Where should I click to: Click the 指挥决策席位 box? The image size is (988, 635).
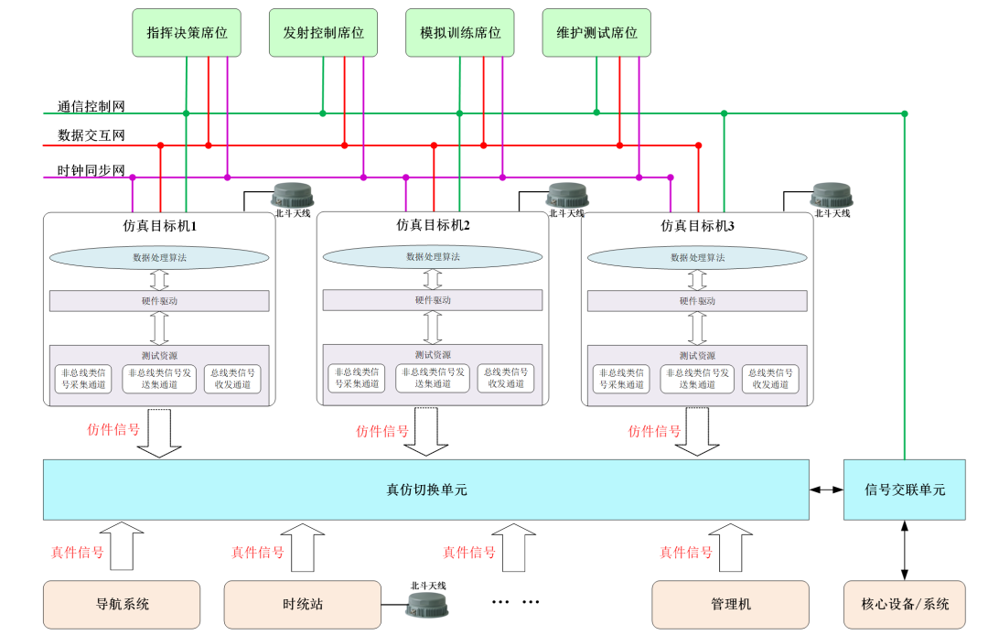(187, 33)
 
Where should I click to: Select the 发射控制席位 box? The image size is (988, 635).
(323, 33)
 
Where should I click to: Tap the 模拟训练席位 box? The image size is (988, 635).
(459, 33)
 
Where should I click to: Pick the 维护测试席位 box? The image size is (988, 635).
(596, 33)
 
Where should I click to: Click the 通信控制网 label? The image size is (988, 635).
(91, 106)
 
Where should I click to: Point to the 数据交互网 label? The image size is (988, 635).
(91, 135)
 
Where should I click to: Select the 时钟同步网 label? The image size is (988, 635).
(91, 170)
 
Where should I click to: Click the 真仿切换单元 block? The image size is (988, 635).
(426, 490)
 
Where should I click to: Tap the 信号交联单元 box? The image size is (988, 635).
(904, 490)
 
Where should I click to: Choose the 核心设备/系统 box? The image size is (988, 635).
(904, 604)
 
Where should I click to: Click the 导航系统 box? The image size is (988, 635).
(122, 604)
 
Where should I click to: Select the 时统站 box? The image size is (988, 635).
(302, 604)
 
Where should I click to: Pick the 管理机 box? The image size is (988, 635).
(730, 604)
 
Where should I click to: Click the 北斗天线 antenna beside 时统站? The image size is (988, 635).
(427, 603)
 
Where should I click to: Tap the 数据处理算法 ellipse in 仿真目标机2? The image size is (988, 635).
(433, 257)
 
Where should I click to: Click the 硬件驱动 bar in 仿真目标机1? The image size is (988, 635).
(159, 300)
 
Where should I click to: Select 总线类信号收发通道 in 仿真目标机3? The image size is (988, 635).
(769, 379)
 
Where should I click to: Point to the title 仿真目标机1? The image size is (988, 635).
(160, 224)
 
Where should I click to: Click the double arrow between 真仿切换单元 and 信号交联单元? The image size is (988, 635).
(826, 490)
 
